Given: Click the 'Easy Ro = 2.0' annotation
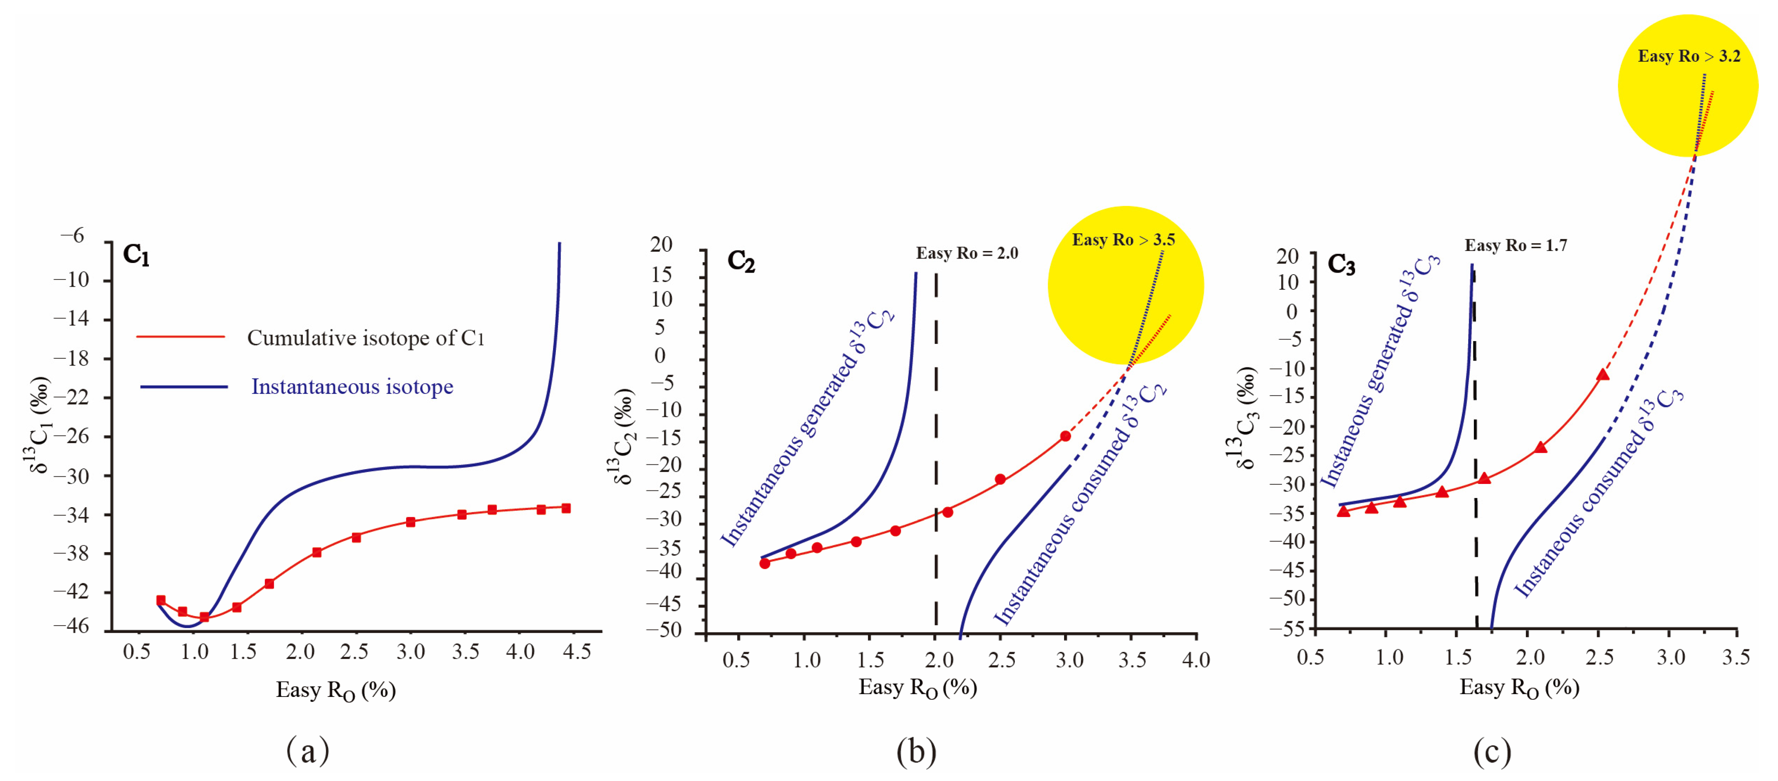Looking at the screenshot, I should pyautogui.click(x=966, y=253).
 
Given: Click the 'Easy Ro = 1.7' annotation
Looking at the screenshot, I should pyautogui.click(x=1516, y=246).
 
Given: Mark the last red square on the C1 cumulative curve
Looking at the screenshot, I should pyautogui.click(x=566, y=508).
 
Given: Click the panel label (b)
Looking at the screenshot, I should pyautogui.click(x=916, y=751).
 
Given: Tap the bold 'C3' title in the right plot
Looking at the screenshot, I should pyautogui.click(x=1341, y=265).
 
